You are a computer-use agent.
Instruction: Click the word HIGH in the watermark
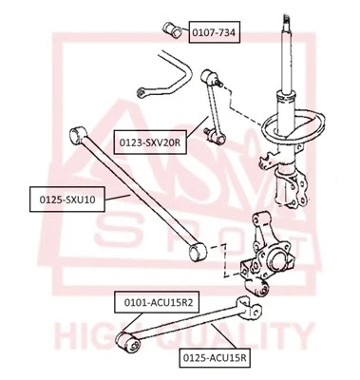(90, 335)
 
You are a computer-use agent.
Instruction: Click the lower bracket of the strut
(285, 185)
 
